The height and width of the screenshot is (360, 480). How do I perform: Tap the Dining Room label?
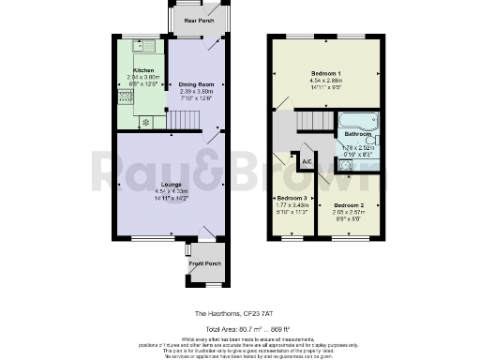[197, 84]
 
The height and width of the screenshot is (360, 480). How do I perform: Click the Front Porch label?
[205, 263]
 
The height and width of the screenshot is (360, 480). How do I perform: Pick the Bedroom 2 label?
[348, 204]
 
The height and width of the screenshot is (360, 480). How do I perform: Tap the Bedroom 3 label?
[291, 199]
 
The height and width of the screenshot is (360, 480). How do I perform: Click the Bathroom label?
[357, 134]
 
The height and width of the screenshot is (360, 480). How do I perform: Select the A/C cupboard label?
[307, 162]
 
